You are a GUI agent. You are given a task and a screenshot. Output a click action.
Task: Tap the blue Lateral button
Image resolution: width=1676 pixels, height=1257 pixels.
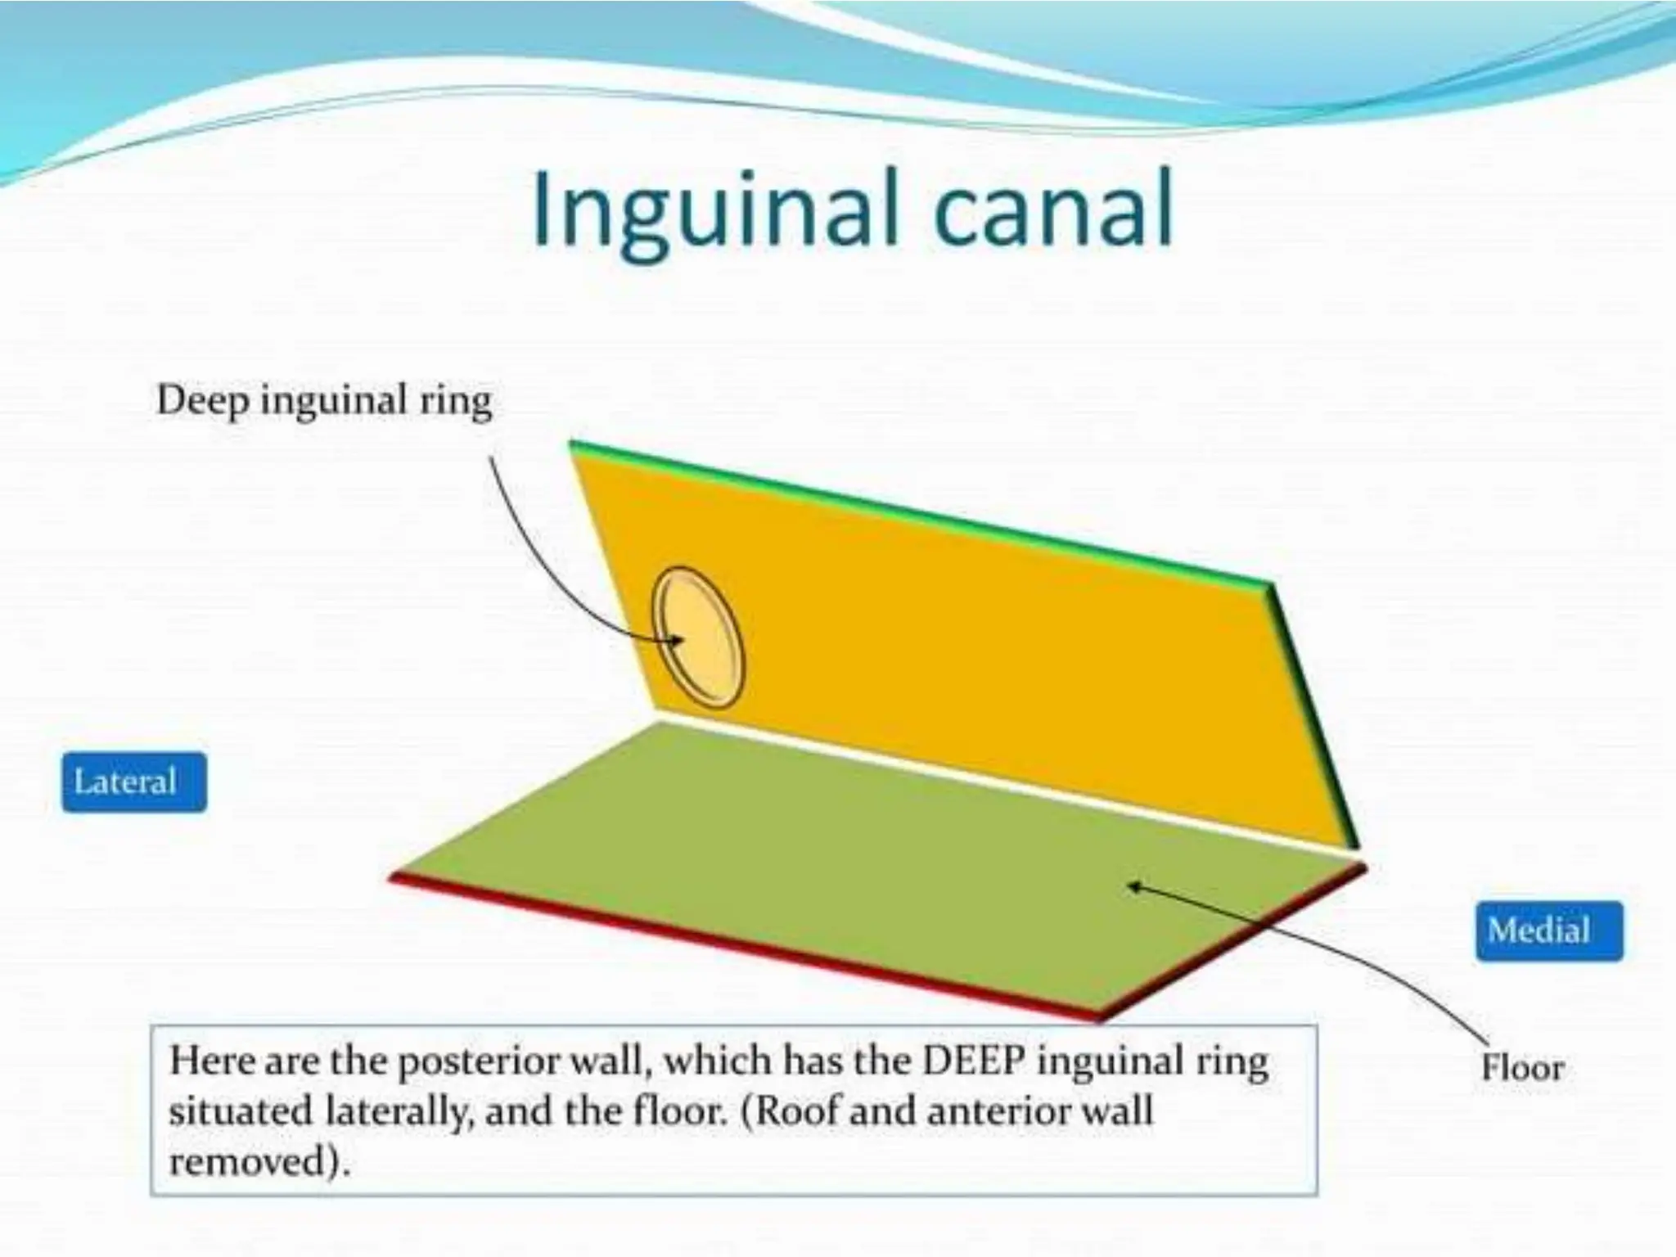(x=133, y=782)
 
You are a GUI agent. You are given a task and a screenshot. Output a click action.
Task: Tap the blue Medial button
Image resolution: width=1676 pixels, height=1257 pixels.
(x=1548, y=930)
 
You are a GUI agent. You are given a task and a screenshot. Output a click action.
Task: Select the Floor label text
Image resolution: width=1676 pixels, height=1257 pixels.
(x=1522, y=1067)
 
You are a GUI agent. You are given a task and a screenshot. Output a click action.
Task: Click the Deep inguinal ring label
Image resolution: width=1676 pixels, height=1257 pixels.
(x=324, y=401)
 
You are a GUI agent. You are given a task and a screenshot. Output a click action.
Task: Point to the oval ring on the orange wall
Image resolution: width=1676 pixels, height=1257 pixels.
(x=698, y=638)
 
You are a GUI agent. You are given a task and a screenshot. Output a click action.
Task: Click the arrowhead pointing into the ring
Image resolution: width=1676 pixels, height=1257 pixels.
(x=676, y=641)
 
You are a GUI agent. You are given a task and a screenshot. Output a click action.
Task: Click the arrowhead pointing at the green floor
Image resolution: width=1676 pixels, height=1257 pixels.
(x=1134, y=885)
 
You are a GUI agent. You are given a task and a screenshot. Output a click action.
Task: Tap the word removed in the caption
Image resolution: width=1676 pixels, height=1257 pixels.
(x=255, y=1161)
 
